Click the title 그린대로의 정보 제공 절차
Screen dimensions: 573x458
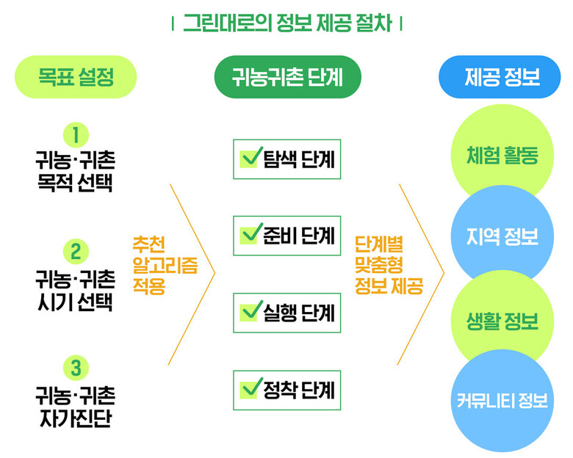click(287, 23)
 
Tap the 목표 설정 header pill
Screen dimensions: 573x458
click(76, 76)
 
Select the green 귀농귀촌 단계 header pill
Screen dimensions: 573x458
click(287, 76)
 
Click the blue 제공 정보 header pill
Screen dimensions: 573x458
click(500, 76)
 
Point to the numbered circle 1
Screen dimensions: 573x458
click(76, 135)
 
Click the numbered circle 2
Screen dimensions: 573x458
click(76, 252)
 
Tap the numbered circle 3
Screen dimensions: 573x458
click(76, 368)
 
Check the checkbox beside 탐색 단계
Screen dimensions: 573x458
click(251, 157)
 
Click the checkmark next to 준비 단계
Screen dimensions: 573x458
click(251, 233)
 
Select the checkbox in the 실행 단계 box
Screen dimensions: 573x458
click(251, 311)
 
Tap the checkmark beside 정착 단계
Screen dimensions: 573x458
click(251, 388)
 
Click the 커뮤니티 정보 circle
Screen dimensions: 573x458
click(502, 401)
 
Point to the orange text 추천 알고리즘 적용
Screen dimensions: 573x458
click(165, 265)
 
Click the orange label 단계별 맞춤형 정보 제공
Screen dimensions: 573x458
click(389, 265)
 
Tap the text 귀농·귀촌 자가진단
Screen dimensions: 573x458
click(75, 407)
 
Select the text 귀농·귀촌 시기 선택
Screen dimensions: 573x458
click(75, 291)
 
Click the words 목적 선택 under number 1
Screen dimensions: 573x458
click(75, 183)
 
